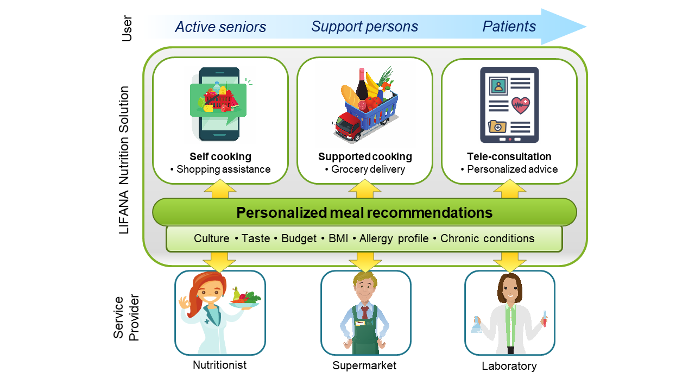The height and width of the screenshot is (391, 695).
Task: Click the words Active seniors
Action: click(220, 27)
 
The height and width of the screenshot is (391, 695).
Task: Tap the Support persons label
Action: click(365, 27)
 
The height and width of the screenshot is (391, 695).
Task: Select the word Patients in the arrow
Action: click(509, 27)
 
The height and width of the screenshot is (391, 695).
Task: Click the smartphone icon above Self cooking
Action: click(219, 104)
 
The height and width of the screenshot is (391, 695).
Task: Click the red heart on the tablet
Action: click(521, 105)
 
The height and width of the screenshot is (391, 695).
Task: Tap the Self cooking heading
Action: click(220, 156)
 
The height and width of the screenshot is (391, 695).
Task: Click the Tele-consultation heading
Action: click(509, 156)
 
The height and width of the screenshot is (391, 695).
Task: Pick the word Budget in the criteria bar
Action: click(299, 238)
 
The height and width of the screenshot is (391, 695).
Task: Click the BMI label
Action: click(338, 238)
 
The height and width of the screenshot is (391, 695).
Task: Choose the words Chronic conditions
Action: click(487, 238)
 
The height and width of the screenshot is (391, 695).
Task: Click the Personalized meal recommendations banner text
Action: click(364, 212)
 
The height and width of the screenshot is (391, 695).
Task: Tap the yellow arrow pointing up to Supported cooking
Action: click(364, 189)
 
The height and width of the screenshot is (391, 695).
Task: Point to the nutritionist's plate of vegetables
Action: click(245, 299)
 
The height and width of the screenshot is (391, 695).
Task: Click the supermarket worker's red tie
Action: click(365, 312)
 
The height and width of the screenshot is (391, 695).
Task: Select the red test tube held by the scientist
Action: click(545, 318)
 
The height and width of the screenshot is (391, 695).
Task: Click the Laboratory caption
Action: click(509, 366)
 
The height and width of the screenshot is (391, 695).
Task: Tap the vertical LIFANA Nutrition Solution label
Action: click(124, 160)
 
